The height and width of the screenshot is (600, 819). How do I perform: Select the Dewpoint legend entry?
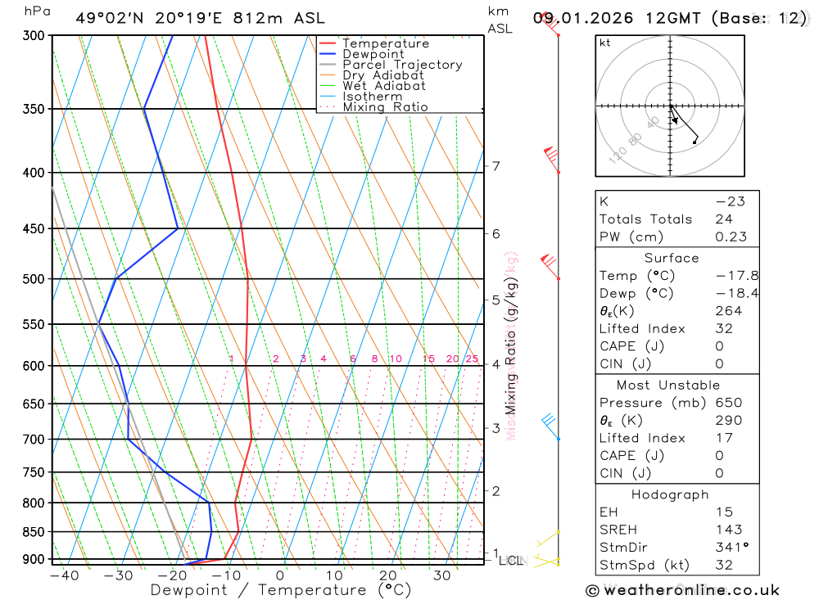coord(373,54)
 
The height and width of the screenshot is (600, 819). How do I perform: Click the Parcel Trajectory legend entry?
coord(402,65)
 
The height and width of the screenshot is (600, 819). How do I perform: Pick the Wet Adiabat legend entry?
coord(383,86)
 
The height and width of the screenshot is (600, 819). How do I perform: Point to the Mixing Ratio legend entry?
coord(385,107)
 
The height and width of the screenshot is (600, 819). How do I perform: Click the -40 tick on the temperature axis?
coord(64,575)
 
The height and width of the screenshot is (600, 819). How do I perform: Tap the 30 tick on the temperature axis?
coord(442,575)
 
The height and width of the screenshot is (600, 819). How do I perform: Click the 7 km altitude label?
coord(496,166)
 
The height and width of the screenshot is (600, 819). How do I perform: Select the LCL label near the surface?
coord(509,561)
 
